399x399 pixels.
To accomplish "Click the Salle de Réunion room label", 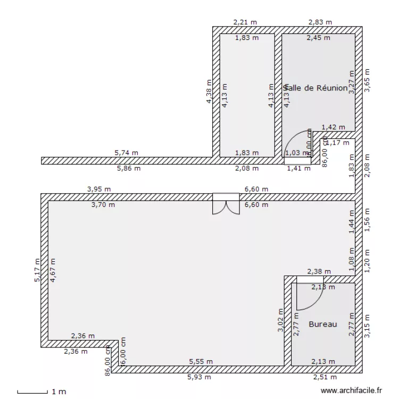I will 317,88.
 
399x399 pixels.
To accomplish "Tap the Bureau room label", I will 323,324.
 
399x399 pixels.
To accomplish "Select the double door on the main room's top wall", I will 226,204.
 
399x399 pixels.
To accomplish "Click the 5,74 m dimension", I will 126,153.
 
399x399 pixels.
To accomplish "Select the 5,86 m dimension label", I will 129,169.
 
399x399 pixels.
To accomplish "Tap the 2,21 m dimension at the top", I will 245,22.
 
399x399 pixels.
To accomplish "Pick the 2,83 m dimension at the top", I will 320,22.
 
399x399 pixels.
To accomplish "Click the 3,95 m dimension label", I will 99,189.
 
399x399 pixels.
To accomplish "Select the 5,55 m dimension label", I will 201,362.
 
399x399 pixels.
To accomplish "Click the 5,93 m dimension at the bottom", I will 199,377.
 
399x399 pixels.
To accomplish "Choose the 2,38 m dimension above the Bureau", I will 319,272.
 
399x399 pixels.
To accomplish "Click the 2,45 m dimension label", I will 318,38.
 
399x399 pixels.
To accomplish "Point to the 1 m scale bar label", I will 59,392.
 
